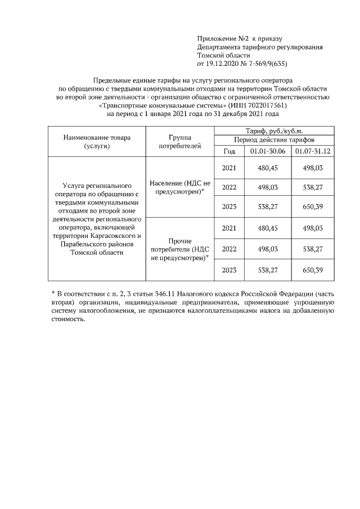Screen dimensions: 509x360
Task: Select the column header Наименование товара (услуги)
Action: [96, 141]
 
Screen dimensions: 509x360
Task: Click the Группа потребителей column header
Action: [181, 141]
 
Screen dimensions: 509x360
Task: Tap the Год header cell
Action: [229, 151]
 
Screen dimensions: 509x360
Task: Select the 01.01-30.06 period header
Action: [268, 151]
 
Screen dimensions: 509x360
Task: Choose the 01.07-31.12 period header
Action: [312, 151]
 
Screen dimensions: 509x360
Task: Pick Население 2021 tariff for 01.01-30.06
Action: [268, 168]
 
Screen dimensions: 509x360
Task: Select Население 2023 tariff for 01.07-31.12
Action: [312, 207]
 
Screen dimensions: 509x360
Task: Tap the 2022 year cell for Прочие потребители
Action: [229, 249]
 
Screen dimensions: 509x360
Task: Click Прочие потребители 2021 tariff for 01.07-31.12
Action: [312, 228]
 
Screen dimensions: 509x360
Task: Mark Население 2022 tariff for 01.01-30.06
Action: [268, 187]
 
